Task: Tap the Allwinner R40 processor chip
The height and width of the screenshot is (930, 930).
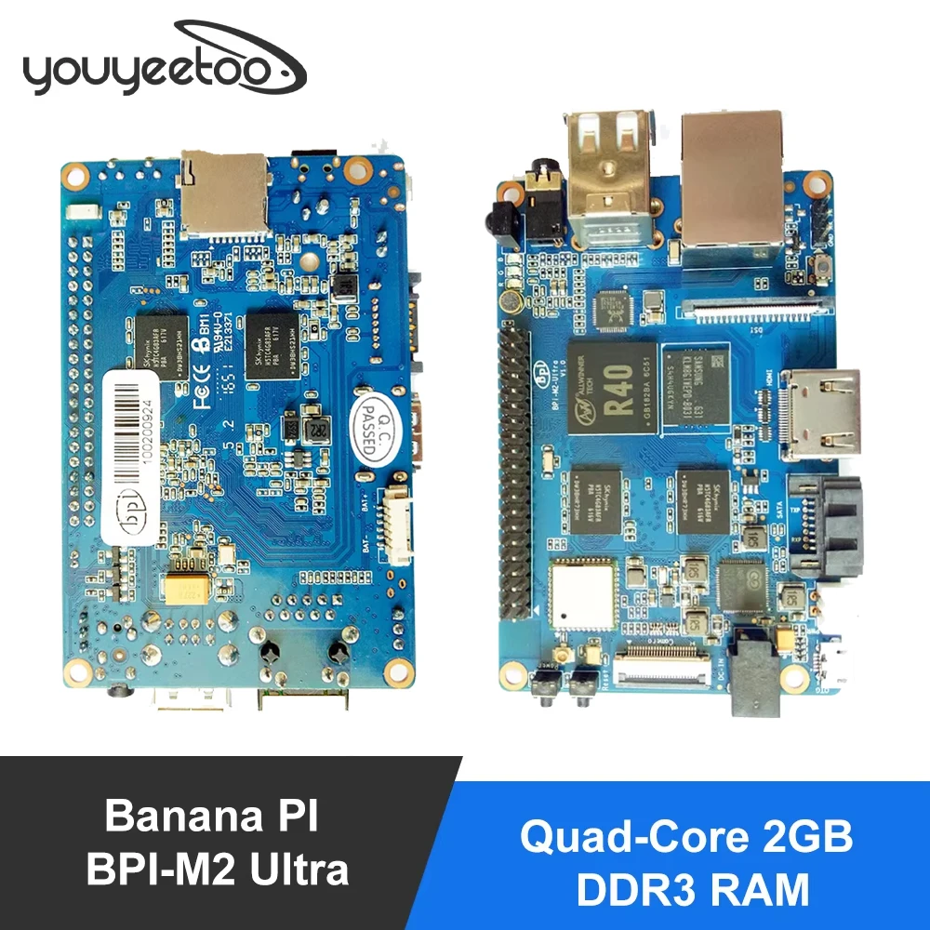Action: [615, 387]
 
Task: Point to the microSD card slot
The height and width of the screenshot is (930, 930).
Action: [224, 192]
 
